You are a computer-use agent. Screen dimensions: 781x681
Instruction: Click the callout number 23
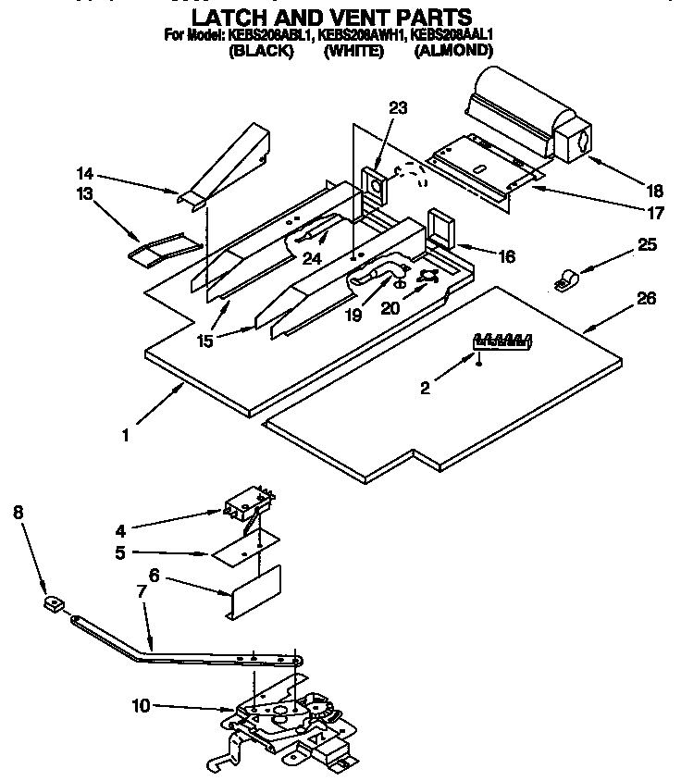397,108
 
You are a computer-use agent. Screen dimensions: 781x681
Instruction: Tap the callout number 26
646,299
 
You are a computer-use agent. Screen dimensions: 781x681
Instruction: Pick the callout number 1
127,431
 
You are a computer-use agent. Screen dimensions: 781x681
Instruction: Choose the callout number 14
85,172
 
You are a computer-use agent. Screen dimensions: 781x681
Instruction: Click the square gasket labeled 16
440,229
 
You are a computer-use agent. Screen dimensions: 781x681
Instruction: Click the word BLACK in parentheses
260,52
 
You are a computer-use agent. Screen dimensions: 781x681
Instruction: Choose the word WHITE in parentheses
353,52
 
